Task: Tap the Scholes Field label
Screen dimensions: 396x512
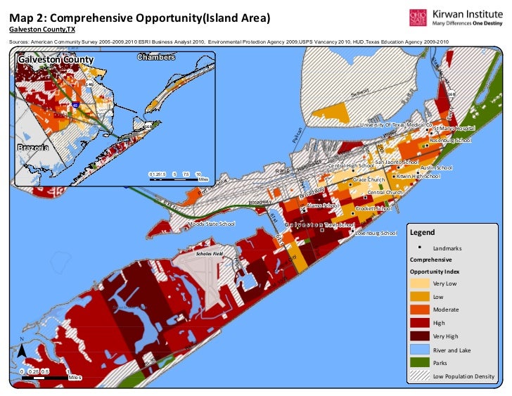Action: (210, 253)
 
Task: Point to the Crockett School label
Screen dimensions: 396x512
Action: (373, 208)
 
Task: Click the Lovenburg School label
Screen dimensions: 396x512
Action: (376, 233)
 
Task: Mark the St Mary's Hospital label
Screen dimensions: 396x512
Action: (454, 129)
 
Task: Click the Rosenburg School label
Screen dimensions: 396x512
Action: (449, 141)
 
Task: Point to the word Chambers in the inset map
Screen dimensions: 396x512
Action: (155, 57)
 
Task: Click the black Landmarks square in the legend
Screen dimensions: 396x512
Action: (420, 248)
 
